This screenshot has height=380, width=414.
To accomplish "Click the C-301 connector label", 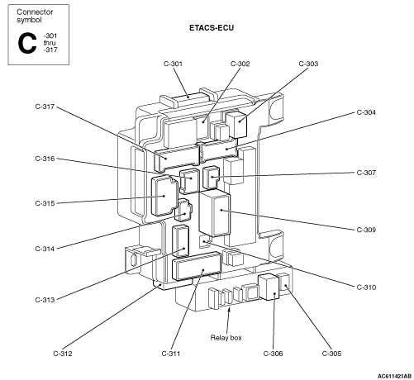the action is (x=173, y=64).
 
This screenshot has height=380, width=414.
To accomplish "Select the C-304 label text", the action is (x=366, y=112).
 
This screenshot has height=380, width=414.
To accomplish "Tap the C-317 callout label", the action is (x=45, y=107).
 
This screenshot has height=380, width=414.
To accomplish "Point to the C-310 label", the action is (x=366, y=287).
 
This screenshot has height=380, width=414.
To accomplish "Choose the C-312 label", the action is (x=63, y=354).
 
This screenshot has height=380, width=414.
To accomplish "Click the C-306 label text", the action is (x=273, y=354).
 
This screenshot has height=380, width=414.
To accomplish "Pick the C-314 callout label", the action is (x=45, y=249).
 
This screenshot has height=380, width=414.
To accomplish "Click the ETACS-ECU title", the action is (x=212, y=28).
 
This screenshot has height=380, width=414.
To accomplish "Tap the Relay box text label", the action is (x=226, y=338).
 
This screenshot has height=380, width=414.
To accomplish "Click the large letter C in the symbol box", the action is (x=27, y=43).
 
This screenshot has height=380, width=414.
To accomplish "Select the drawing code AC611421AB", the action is (x=394, y=376).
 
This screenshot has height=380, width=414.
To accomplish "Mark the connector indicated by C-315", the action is (x=164, y=196).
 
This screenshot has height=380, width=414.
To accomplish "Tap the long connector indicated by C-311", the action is (x=197, y=266).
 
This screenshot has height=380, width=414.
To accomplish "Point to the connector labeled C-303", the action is (x=236, y=124).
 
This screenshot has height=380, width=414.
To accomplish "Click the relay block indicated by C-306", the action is (x=269, y=287).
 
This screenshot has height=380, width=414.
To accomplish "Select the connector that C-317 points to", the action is (x=177, y=158).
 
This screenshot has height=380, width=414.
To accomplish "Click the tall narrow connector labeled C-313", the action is (x=181, y=241).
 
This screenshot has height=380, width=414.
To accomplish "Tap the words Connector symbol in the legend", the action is (x=35, y=16).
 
